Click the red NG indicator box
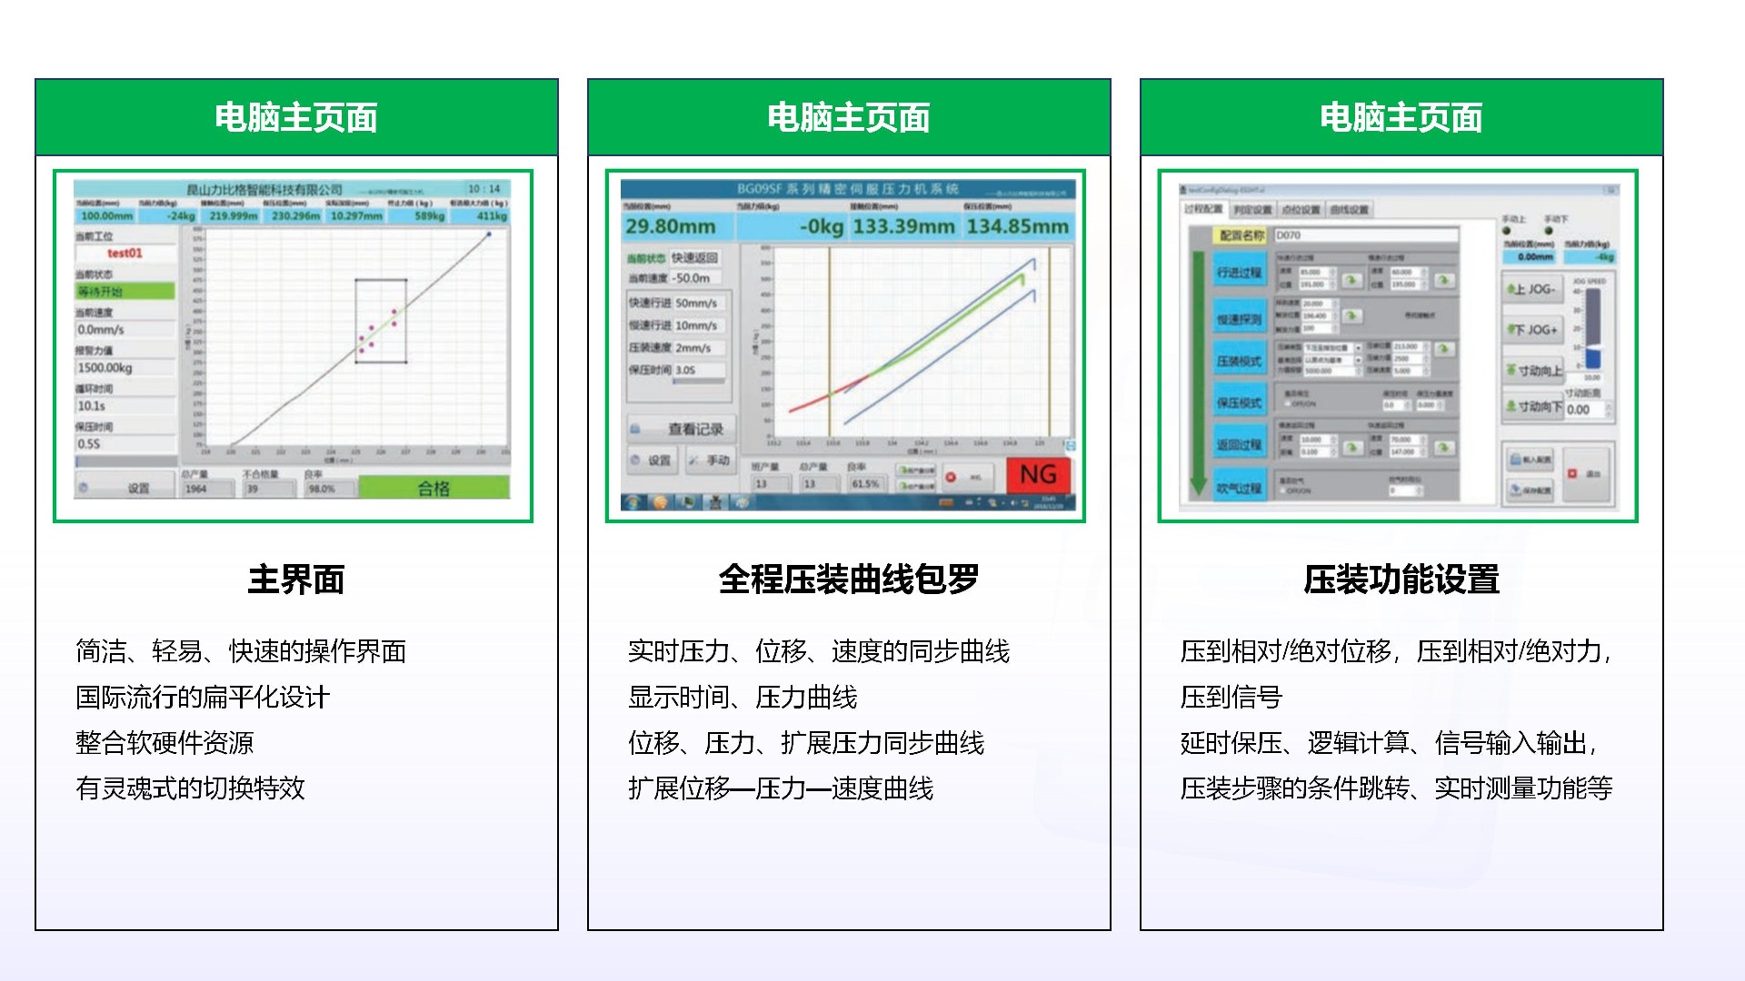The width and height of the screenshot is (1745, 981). [1038, 474]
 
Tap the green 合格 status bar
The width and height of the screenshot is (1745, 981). [434, 488]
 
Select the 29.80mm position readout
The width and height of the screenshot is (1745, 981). [671, 226]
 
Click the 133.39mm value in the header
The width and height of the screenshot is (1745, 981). [902, 226]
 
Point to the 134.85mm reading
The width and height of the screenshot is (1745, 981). [1017, 226]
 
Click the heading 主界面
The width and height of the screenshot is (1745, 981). [296, 580]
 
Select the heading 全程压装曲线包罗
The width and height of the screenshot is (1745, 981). [849, 580]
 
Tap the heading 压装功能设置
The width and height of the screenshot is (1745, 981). [1401, 580]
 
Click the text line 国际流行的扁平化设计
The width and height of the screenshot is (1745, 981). [203, 698]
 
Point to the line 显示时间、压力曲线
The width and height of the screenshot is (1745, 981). [743, 698]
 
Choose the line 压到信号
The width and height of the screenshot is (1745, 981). [1231, 698]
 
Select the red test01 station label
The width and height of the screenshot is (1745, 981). [125, 253]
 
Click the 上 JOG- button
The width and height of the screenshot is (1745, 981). [1532, 289]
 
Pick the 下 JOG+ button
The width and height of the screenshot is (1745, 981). [1532, 330]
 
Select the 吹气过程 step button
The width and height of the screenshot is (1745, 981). [1239, 488]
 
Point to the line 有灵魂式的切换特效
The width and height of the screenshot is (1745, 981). [190, 788]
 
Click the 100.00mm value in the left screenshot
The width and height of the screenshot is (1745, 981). [106, 216]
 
